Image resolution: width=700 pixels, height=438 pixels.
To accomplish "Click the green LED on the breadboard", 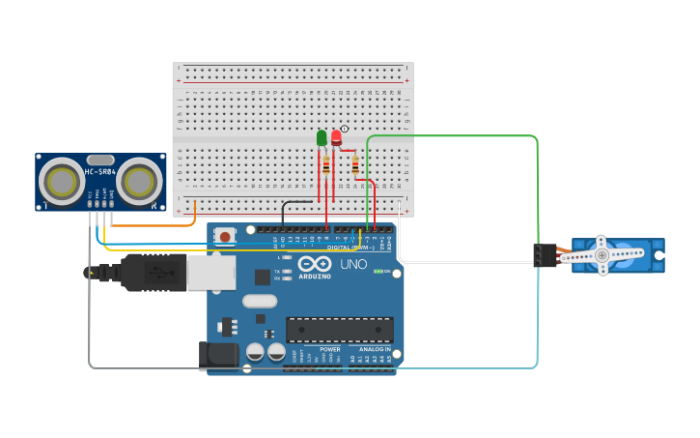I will pos(322,138).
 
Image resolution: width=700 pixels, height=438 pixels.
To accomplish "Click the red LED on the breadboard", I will pos(336,137).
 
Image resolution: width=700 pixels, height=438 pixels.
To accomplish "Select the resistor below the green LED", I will pos(326,165).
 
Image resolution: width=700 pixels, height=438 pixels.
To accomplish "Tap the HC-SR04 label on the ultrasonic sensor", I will pos(100,172).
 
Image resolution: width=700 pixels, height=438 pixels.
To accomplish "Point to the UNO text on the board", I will pos(353,264).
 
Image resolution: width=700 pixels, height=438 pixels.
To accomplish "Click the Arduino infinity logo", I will pos(315,263).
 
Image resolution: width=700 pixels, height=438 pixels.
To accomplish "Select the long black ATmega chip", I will pos(339,329).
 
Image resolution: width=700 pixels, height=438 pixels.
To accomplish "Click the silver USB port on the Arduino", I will pos(210,272).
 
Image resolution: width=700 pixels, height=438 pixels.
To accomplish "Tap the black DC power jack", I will pos(218,355).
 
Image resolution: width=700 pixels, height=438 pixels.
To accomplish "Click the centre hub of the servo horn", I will pos(602,255).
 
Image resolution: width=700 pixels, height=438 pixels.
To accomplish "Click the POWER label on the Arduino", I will pos(330,349).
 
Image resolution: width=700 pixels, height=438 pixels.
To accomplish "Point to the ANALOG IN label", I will pos(375,349).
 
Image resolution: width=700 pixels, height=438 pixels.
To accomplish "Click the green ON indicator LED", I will pos(378,271).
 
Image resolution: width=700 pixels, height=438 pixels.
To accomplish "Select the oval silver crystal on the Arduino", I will pos(260,301).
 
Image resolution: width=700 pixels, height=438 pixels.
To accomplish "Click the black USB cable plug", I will pos(151,272).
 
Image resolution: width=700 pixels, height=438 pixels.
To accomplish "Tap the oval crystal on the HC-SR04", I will pos(100,160).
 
